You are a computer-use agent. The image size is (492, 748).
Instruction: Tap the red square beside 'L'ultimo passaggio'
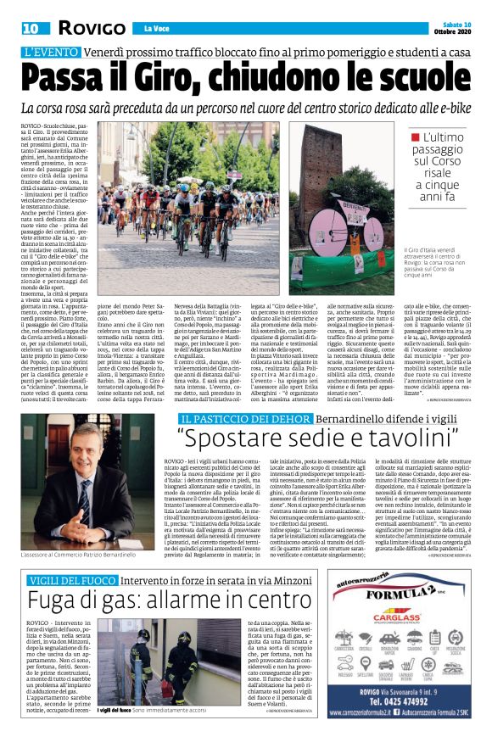pos(415,136)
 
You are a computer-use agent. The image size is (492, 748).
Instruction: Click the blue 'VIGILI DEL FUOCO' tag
pos(64,579)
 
